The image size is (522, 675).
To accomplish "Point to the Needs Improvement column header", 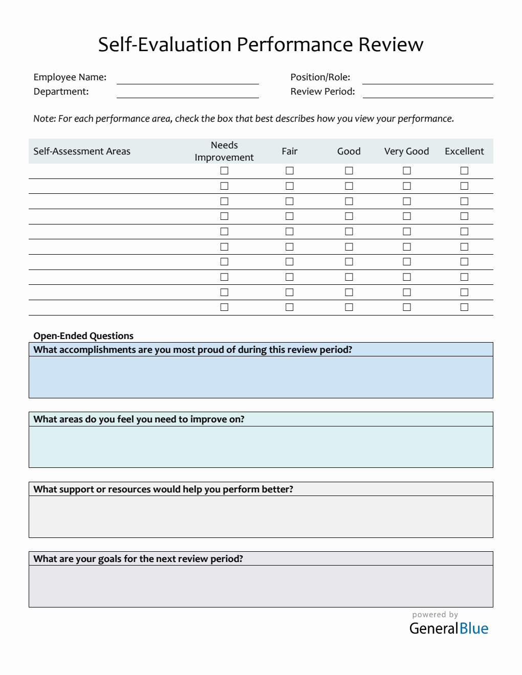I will [224, 151].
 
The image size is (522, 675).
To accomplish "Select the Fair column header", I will [289, 151].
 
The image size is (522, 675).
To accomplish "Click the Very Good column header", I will [406, 151].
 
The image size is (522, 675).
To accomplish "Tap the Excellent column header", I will [464, 151].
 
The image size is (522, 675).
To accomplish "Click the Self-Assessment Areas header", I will [82, 151].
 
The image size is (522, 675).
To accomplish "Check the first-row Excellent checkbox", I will [464, 171].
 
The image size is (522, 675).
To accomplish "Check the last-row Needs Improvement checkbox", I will [224, 307].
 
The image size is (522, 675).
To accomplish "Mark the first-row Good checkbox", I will [349, 171].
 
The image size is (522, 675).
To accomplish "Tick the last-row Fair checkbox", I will [290, 307].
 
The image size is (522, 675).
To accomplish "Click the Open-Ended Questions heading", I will [83, 336].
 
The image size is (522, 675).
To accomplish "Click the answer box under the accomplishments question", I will [260, 377].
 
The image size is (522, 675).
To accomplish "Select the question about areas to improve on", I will [139, 419].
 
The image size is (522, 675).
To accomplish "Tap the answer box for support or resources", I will [260, 516].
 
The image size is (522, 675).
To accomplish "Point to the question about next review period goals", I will [138, 559].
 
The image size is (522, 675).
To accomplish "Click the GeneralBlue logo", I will [449, 628].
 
